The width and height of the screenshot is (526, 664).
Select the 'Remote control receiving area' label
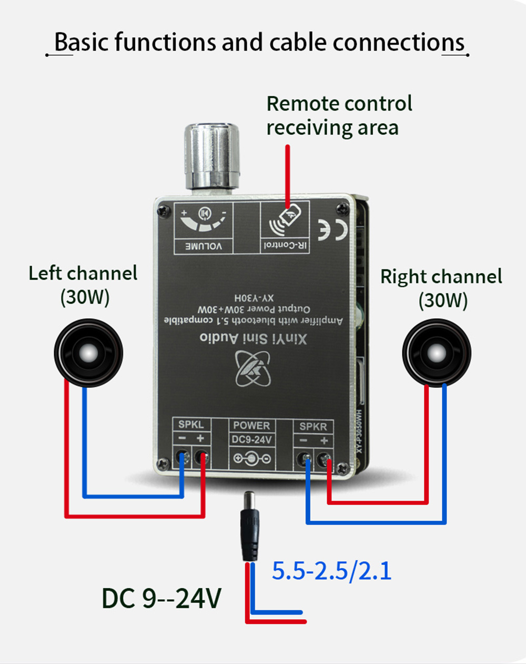pyautogui.click(x=339, y=116)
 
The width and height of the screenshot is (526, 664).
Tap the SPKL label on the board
pyautogui.click(x=190, y=425)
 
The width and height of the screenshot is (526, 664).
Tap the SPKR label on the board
pyautogui.click(x=313, y=426)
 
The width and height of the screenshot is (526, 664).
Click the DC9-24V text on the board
pyautogui.click(x=251, y=439)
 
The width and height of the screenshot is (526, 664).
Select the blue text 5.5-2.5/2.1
pyautogui.click(x=331, y=571)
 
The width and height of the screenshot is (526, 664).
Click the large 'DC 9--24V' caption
pyautogui.click(x=161, y=598)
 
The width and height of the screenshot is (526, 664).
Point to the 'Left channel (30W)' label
pyautogui.click(x=83, y=285)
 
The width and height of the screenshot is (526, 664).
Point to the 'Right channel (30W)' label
pyautogui.click(x=441, y=288)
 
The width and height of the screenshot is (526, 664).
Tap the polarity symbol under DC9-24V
pyautogui.click(x=252, y=459)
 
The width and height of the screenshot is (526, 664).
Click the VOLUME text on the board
pyautogui.click(x=203, y=246)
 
